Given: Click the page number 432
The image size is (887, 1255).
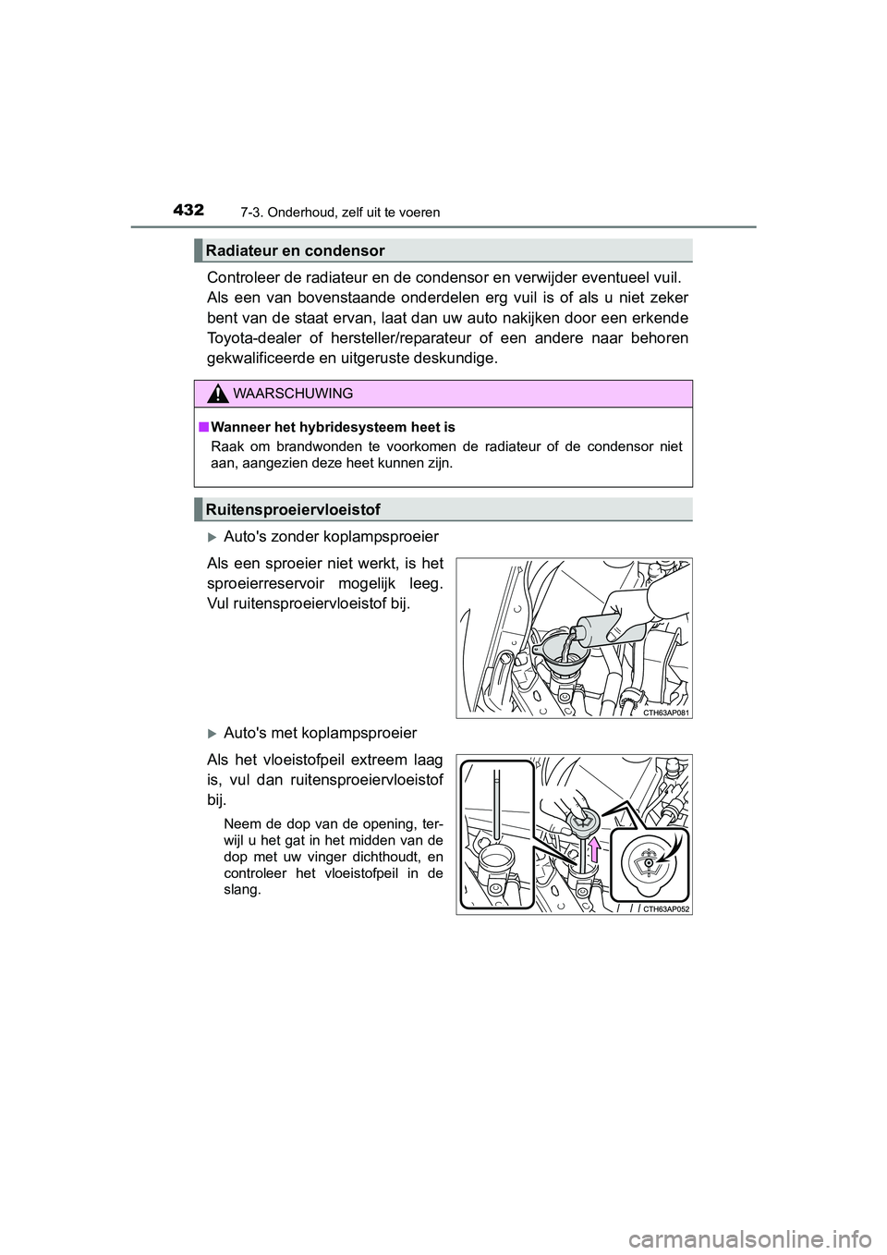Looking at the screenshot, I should [x=188, y=211].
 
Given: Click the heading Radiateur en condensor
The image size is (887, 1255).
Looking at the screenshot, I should [x=296, y=250].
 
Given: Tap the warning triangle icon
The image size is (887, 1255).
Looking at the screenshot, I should [x=217, y=395].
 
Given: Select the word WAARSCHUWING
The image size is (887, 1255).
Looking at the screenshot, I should [x=293, y=394].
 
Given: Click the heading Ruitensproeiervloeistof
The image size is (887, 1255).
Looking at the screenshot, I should [x=293, y=509].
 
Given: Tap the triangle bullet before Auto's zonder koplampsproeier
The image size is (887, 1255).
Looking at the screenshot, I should [x=213, y=537].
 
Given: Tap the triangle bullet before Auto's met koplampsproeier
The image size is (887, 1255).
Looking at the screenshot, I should [x=213, y=734].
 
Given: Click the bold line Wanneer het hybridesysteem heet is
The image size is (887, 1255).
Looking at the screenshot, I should [x=333, y=427].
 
